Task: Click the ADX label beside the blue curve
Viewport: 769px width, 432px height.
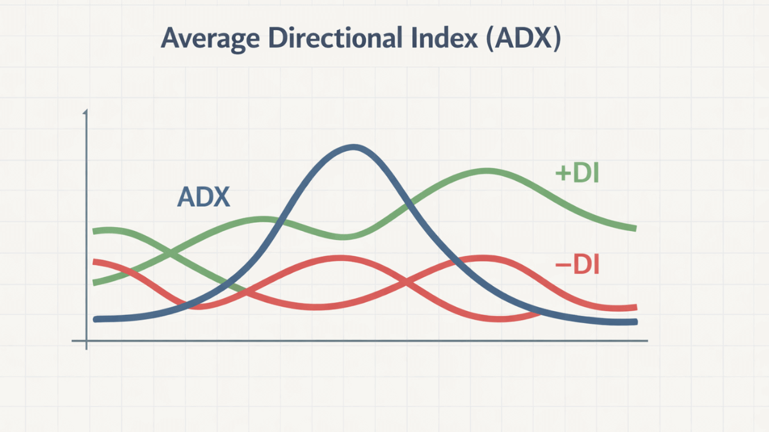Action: [203, 197]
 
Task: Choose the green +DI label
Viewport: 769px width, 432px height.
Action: [577, 174]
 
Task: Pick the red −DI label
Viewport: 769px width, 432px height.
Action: [576, 264]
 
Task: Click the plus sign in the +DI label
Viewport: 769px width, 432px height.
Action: [561, 175]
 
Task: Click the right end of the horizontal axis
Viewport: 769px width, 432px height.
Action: [647, 342]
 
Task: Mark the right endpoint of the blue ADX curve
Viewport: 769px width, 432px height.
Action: [635, 322]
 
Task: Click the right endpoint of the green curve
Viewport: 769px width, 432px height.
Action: [634, 228]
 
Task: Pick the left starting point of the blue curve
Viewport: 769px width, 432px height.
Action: [95, 319]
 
